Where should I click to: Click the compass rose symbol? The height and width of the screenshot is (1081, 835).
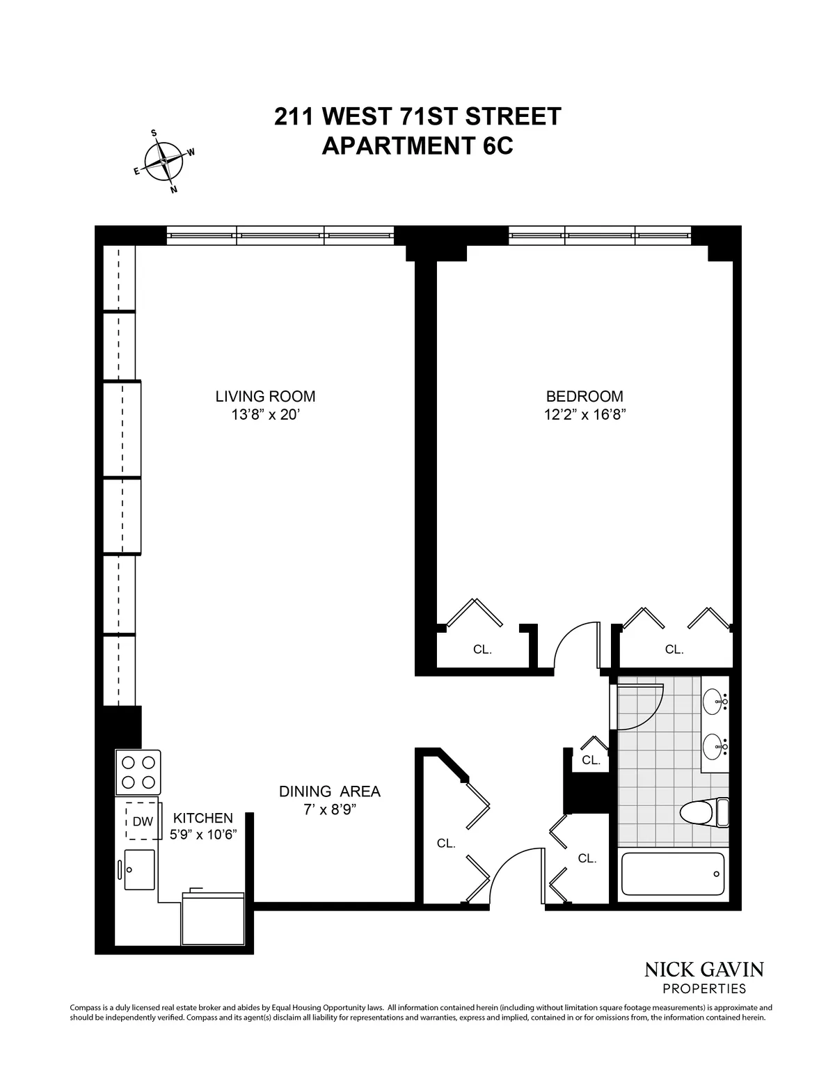click(164, 161)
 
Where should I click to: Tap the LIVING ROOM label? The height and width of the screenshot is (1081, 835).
click(265, 397)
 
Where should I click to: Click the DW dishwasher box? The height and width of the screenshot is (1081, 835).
click(143, 821)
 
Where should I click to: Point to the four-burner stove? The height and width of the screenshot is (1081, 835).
click(138, 772)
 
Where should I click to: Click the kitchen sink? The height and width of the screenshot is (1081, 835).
click(139, 869)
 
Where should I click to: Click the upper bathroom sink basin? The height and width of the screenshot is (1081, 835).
click(713, 702)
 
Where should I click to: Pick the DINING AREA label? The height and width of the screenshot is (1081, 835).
click(329, 791)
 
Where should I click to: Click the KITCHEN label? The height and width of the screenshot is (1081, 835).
click(203, 818)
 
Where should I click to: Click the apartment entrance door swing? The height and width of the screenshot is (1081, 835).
click(516, 875)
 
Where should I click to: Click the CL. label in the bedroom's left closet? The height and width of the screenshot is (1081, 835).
click(482, 649)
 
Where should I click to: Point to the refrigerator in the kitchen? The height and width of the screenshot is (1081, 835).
click(213, 917)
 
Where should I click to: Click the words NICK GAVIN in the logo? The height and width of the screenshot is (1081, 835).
click(704, 969)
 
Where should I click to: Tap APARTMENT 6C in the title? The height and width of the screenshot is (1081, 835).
click(417, 145)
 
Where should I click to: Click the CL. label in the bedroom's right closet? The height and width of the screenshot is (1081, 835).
click(674, 649)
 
